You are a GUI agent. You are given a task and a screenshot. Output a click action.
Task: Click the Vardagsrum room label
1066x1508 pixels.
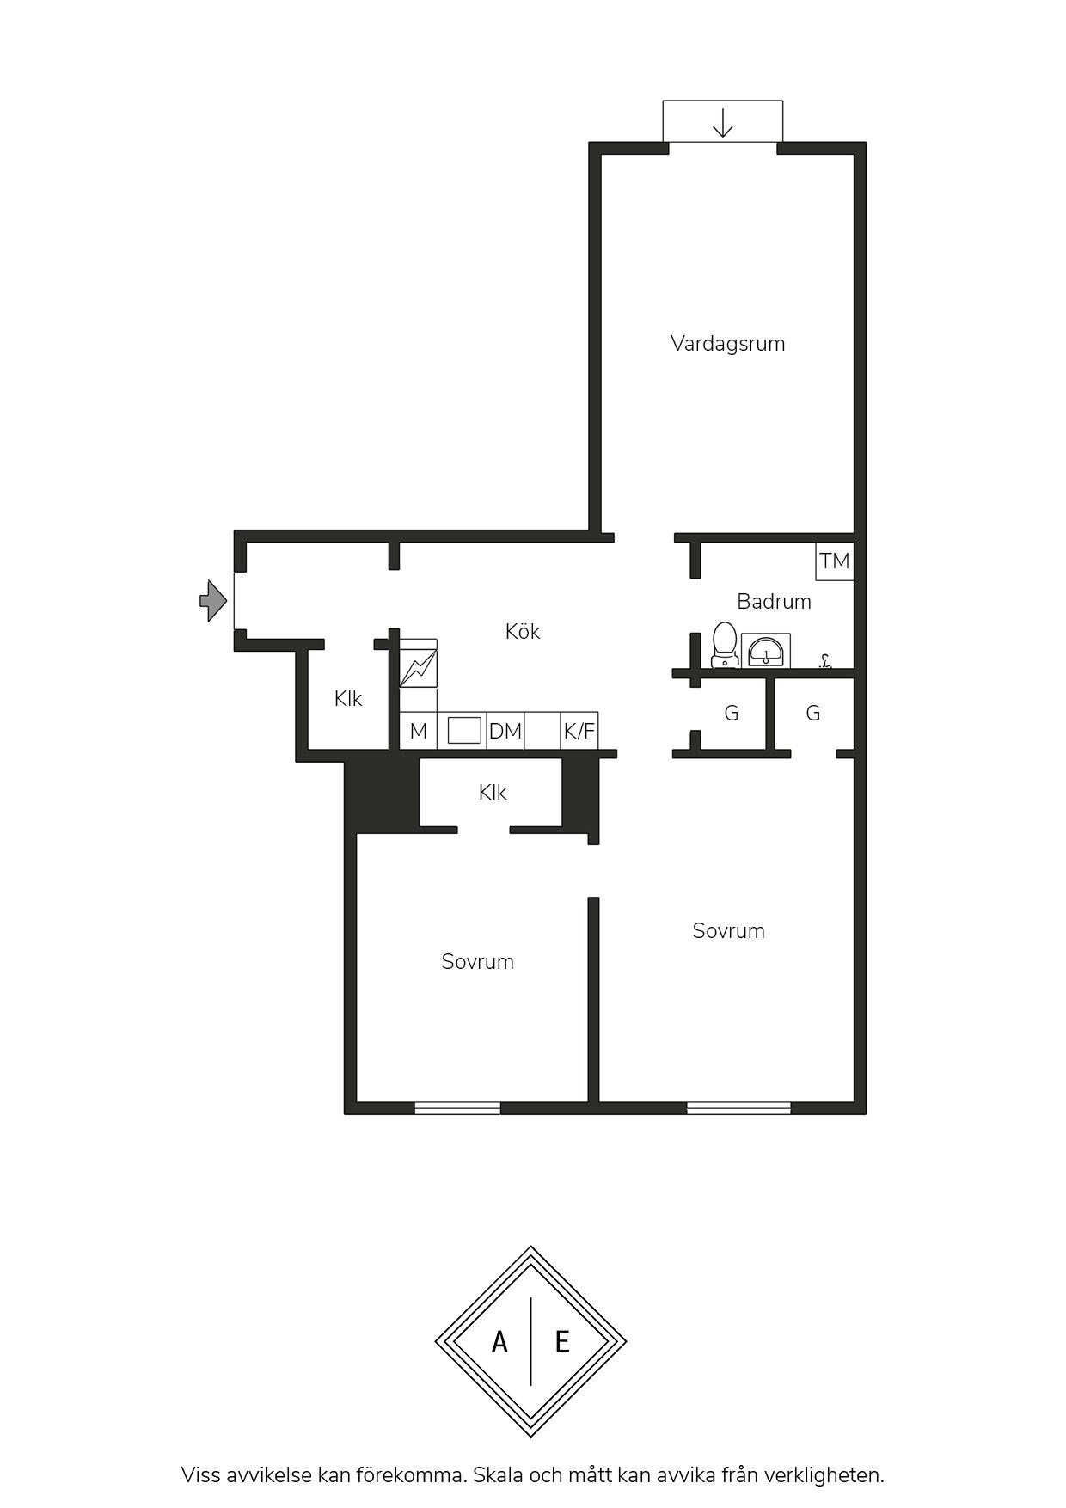pos(727,344)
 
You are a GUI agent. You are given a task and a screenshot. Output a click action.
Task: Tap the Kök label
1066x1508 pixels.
pos(523,631)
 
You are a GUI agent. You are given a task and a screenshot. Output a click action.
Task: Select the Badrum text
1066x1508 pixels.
pos(774,601)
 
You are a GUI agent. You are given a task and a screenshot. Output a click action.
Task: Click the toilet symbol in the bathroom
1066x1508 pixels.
pos(725,644)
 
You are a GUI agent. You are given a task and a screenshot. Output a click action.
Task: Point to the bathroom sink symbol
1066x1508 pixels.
pos(766,651)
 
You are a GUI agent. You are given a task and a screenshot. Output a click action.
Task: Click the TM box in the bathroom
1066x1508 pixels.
pos(835,561)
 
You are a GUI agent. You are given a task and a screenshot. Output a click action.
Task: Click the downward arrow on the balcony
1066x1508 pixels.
pos(723,123)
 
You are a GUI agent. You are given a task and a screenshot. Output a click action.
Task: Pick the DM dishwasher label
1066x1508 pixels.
pos(505,732)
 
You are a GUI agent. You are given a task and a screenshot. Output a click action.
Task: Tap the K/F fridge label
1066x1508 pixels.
pos(579,732)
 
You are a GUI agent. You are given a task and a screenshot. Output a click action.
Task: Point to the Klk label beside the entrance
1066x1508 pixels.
pos(348,699)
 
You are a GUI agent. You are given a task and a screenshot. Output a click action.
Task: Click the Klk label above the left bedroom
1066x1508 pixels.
pos(493,792)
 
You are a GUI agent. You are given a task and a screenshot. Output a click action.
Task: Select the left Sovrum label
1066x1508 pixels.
pos(478,962)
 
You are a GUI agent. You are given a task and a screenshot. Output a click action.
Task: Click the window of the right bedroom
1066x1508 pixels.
pos(738,1108)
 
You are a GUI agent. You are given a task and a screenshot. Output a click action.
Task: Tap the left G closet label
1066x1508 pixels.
pos(732,713)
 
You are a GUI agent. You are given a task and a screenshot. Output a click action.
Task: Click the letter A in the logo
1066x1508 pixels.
pos(499,1341)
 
